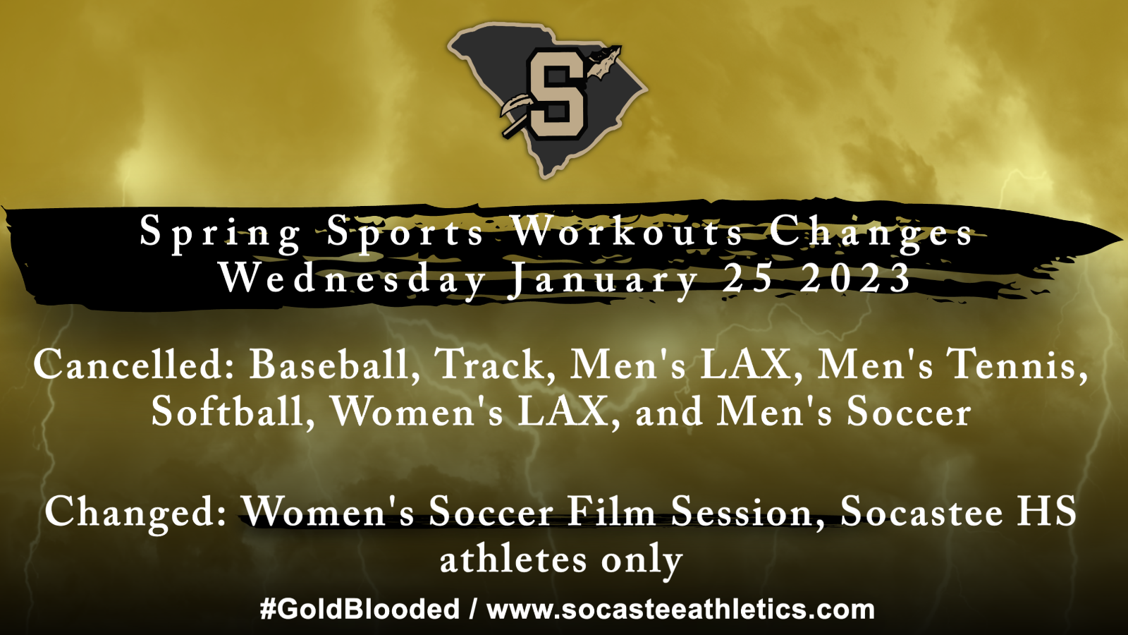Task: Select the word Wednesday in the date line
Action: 352,279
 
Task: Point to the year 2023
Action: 855,278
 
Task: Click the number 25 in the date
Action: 747,278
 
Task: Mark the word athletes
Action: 513,560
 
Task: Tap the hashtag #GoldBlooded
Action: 360,609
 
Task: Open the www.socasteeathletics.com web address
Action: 680,609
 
